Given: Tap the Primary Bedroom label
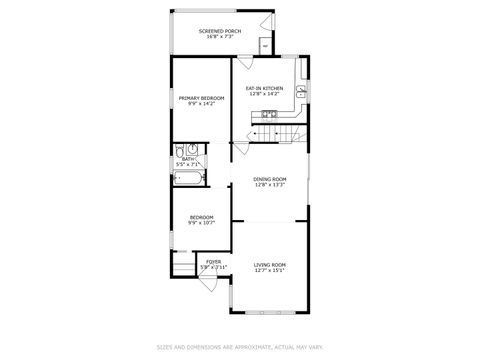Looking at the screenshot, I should click(201, 97).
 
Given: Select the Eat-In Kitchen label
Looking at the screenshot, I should click(265, 87).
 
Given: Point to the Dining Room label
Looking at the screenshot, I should click(270, 178).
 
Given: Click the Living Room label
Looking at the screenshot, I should click(270, 264).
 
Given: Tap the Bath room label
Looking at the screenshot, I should click(188, 158).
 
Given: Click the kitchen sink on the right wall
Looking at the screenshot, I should click(301, 92).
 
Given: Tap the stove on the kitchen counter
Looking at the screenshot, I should click(268, 114).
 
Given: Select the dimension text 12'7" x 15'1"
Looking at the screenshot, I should click(270, 270).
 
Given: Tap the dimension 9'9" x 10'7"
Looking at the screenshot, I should click(201, 223).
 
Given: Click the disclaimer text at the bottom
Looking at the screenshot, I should click(240, 347).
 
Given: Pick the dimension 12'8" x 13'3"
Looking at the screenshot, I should click(270, 184).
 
